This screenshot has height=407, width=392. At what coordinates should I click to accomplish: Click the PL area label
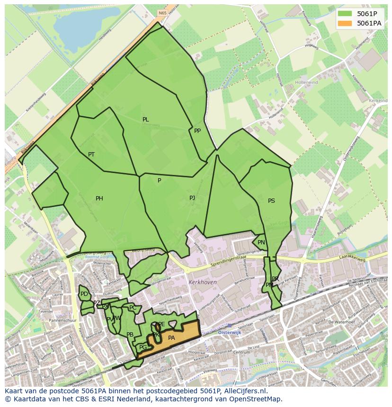(145, 120)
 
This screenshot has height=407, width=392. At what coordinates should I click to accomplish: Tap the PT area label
(91, 155)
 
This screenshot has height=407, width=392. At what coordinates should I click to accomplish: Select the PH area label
(99, 199)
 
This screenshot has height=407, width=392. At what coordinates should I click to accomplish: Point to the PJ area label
(192, 198)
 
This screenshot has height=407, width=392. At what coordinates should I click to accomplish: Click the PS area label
(271, 201)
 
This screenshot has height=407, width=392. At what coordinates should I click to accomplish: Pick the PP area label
(197, 131)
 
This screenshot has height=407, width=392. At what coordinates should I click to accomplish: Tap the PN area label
(261, 242)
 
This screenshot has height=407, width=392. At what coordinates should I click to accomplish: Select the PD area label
(84, 294)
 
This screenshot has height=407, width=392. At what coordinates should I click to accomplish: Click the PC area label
(133, 308)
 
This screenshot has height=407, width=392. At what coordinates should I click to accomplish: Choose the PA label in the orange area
(171, 338)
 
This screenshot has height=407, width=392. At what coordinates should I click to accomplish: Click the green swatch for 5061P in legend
(345, 13)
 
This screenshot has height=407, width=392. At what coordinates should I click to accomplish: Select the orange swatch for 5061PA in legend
(345, 23)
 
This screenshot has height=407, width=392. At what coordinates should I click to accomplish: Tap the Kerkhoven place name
(202, 282)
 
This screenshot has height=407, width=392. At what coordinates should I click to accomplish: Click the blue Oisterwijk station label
(230, 333)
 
